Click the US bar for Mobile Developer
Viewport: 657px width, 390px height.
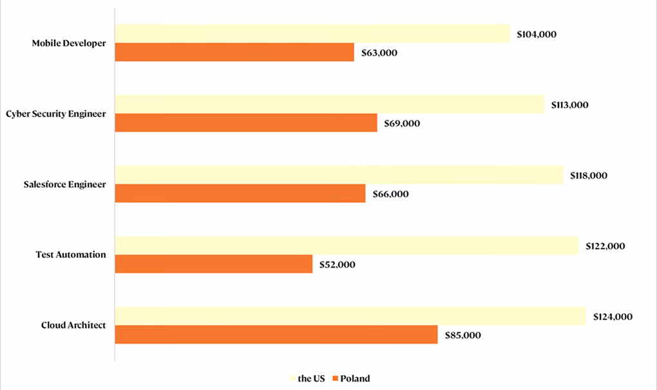[x=312, y=34]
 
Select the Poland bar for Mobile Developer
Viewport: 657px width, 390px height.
[x=234, y=52]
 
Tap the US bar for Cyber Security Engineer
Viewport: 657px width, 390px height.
[x=330, y=104]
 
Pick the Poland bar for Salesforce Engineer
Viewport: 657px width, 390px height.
[x=240, y=193]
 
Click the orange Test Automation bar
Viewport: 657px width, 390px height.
[x=214, y=264]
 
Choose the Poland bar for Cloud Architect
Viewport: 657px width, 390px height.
[x=276, y=335]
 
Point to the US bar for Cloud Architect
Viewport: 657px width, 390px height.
[x=350, y=317]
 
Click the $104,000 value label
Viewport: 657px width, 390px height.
[x=537, y=34]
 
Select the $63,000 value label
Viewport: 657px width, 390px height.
[x=379, y=53]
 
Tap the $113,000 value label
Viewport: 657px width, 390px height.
[x=569, y=105]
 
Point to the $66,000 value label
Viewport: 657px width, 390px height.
[x=390, y=194]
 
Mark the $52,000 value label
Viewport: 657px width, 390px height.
[x=338, y=264]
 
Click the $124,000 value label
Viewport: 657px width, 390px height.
[x=613, y=317]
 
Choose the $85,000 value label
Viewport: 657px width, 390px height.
[x=462, y=335]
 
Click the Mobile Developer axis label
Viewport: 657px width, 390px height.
[x=69, y=43]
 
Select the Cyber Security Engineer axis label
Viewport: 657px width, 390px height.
[x=56, y=114]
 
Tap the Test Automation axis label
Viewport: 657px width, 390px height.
[x=71, y=255]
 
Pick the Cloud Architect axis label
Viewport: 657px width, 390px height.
[x=73, y=325]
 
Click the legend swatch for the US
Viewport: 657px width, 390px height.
[x=292, y=378]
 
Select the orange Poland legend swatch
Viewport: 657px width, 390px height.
[x=335, y=378]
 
